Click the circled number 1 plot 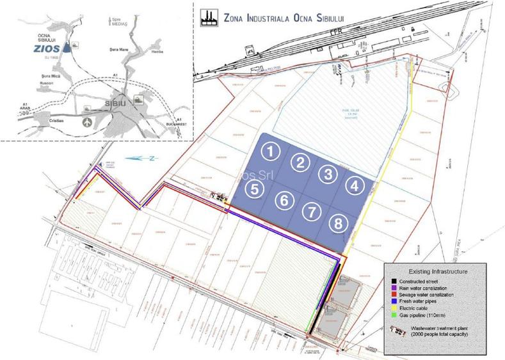tap(273, 151)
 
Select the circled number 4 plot tap(353, 185)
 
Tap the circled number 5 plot tap(255, 189)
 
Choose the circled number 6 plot tap(284, 200)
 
